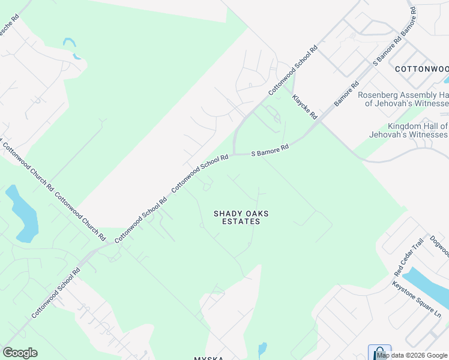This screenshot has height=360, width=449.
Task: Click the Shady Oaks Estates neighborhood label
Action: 241,217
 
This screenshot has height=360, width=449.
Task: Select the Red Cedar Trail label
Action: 409,256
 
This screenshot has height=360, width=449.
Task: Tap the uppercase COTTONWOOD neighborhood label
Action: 421,69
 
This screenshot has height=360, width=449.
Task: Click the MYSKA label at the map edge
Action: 208,358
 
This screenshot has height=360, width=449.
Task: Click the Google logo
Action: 20,353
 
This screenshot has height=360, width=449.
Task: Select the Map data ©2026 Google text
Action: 412,355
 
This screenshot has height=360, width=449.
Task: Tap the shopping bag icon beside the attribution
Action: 379,352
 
